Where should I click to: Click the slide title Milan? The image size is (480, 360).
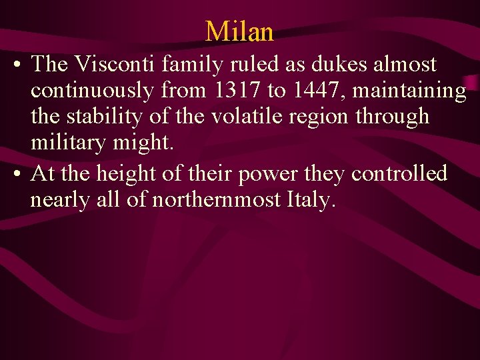239,31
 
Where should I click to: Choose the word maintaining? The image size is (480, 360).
409,90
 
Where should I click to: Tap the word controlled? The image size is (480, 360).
399,174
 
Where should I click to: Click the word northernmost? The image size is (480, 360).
219,199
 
